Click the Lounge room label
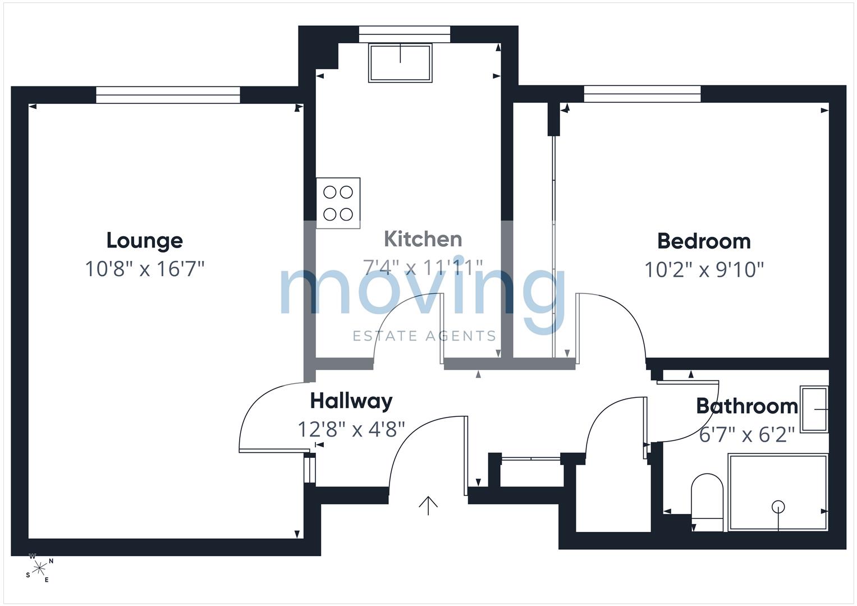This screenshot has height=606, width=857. tap(145, 241)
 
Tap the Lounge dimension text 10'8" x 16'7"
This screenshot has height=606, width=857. tap(145, 269)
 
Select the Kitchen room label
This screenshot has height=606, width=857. tap(423, 239)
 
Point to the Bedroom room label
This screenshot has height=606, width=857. tap(704, 241)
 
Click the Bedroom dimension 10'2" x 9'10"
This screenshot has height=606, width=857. tap(704, 270)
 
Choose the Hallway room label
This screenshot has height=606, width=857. tap(351, 401)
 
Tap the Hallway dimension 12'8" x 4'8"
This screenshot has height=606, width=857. tap(351, 429)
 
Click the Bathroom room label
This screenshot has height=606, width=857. tap(747, 406)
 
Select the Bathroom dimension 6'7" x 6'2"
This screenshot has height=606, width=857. tap(747, 435)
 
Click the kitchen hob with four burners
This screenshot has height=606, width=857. tap(338, 203)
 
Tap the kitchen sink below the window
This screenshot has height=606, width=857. tap(400, 63)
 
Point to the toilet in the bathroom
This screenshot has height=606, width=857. tap(707, 502)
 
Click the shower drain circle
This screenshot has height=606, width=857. tap(778, 507)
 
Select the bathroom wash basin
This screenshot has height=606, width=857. tap(814, 410)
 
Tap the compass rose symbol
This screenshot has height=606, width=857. tap(39, 568)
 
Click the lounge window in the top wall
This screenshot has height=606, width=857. tap(168, 95)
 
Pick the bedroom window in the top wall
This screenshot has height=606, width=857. tap(643, 94)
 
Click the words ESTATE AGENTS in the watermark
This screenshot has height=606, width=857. tap(424, 336)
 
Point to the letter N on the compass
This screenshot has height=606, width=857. tap(51, 561)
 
